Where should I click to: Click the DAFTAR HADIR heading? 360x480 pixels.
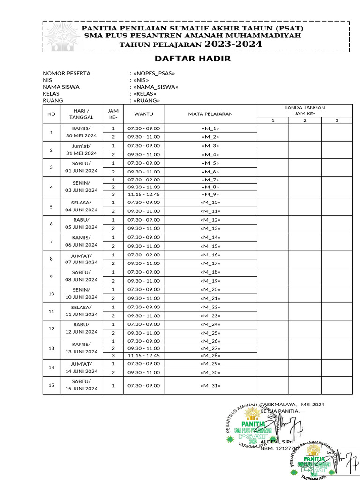point(193,59)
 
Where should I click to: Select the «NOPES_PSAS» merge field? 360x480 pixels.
point(154,73)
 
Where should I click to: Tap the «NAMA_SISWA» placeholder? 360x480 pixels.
point(156,87)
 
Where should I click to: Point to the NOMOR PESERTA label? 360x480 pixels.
point(67,73)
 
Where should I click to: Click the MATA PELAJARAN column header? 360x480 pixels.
point(210,114)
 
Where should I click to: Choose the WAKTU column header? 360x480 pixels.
point(143,114)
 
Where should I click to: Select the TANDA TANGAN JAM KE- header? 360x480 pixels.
point(305,111)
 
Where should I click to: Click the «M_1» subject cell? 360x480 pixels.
point(210,128)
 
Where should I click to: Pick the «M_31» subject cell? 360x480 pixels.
point(210,386)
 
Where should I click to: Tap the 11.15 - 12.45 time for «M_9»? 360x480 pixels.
point(143,194)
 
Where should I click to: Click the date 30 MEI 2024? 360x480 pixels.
point(82,136)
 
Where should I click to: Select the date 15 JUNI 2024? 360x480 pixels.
point(82,389)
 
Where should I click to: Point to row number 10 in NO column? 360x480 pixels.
point(52,293)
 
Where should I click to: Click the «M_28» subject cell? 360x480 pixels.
point(210,355)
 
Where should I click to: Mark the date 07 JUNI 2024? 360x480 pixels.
point(82,262)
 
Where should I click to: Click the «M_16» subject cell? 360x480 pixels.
point(210,255)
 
